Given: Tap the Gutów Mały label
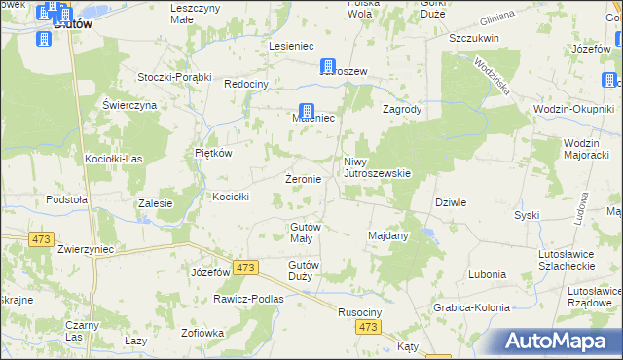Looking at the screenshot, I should (x=306, y=233).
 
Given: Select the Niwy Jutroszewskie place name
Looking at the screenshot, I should (x=377, y=167).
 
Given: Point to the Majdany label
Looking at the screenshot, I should (x=387, y=235).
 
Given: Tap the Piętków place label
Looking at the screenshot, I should (x=212, y=153).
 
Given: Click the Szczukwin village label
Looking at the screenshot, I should (x=474, y=38).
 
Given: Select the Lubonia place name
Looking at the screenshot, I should (x=487, y=274).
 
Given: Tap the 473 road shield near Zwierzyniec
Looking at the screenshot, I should (x=41, y=239).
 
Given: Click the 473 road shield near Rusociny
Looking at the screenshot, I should (x=367, y=330).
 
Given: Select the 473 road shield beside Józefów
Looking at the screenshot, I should (x=245, y=268).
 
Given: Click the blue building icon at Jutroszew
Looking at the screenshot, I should (x=329, y=66).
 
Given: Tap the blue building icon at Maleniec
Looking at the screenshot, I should (x=306, y=112).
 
